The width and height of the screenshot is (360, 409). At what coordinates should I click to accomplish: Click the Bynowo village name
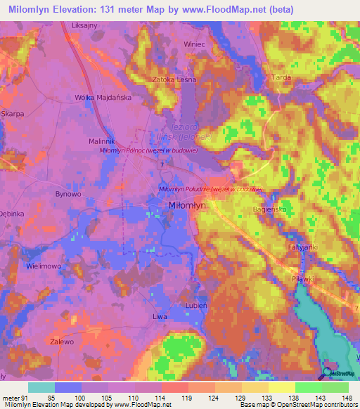click(x=69, y=193)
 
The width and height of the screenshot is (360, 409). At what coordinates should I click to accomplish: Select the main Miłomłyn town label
click(x=188, y=205)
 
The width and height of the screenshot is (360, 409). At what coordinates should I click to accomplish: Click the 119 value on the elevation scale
click(x=186, y=397)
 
